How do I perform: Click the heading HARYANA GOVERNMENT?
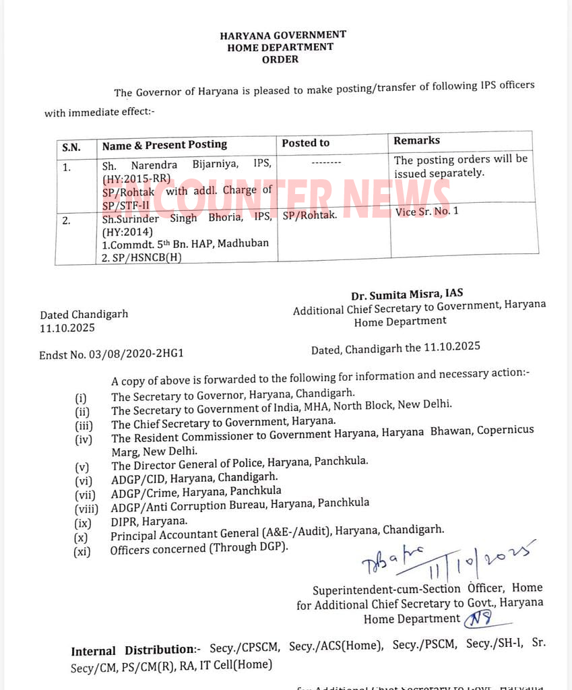tap(283, 35)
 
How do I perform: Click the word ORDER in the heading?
tap(280, 59)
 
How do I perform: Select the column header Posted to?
tap(305, 143)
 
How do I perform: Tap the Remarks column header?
tap(416, 140)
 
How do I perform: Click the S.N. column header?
tap(71, 146)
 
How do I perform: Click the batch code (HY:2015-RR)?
tap(136, 178)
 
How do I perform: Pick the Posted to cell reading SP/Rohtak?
tap(309, 216)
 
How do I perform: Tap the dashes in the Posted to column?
tap(326, 162)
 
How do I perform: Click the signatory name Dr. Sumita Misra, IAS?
tap(406, 294)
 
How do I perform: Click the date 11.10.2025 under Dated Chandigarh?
tap(67, 328)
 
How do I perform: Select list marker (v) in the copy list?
tap(83, 466)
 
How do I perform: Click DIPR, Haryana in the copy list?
tap(149, 521)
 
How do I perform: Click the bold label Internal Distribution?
tap(132, 650)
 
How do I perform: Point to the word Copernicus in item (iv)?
tap(505, 430)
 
